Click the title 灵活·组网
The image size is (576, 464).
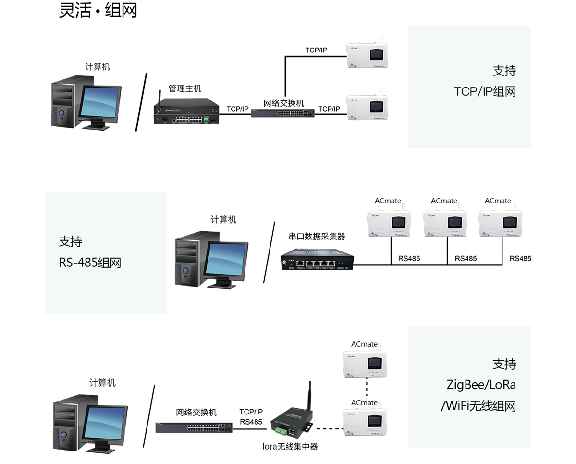click(x=98, y=10)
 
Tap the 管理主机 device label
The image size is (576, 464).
click(x=184, y=88)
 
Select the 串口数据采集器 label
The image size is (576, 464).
click(x=317, y=236)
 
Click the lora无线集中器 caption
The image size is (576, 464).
click(x=290, y=446)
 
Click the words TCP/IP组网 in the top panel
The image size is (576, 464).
click(x=485, y=91)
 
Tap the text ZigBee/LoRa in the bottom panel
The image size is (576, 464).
click(x=481, y=385)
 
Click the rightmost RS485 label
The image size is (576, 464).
click(x=520, y=258)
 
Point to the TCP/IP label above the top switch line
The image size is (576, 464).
click(x=316, y=50)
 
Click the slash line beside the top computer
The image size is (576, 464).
click(x=141, y=102)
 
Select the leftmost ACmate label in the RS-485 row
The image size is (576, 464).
click(x=388, y=201)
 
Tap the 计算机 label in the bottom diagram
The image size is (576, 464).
click(x=102, y=383)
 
